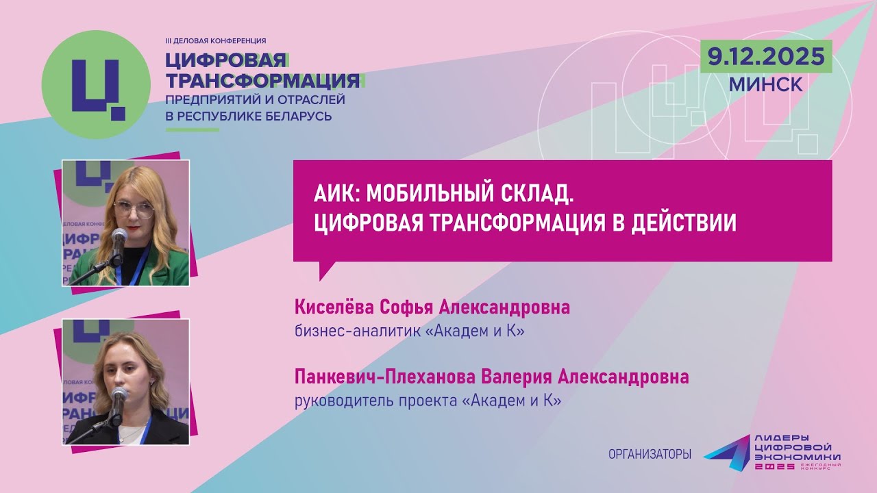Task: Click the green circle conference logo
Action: click(x=96, y=85)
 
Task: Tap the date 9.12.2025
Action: click(x=766, y=57)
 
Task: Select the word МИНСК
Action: click(x=766, y=84)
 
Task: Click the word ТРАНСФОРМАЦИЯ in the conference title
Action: click(x=263, y=81)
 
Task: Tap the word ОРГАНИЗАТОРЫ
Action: click(x=649, y=454)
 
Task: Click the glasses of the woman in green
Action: click(x=134, y=209)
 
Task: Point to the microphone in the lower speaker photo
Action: click(x=119, y=395)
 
